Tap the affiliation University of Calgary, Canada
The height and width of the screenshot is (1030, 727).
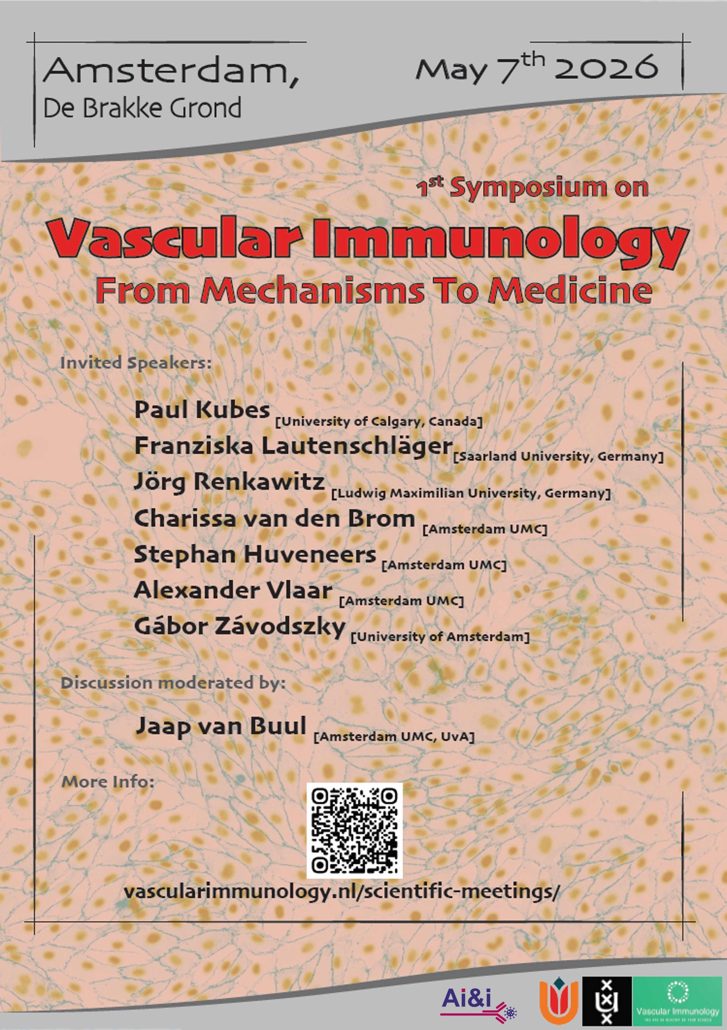pos(379,422)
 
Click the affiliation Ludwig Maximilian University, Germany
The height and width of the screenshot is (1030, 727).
pos(471,494)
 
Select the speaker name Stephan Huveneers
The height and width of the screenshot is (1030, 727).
pos(255,554)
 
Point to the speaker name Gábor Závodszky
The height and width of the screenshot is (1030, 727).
pos(240,627)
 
